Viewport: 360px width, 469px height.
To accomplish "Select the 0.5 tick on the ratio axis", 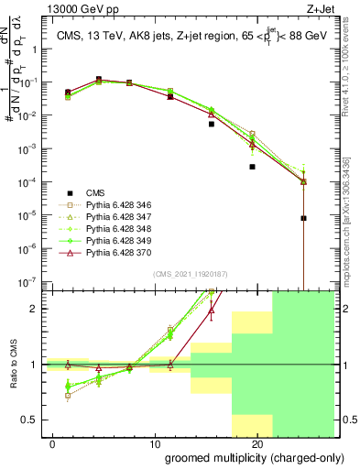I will (28, 420).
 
